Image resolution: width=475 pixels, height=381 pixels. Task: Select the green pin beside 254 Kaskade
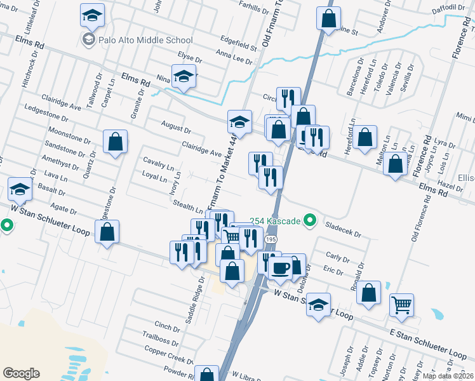click(x=310, y=221)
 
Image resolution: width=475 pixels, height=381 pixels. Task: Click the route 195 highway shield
click(x=271, y=238)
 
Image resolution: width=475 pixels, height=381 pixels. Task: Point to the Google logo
click(x=21, y=373)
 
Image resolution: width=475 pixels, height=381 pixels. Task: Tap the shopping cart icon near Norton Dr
click(x=401, y=305)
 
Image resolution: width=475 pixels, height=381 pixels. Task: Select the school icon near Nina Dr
click(x=184, y=77)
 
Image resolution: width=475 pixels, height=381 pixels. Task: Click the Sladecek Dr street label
click(x=342, y=229)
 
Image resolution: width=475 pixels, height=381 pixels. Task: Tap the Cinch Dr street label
click(x=167, y=327)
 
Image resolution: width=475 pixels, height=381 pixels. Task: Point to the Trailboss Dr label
click(x=161, y=340)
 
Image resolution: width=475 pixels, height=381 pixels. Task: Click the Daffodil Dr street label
click(x=452, y=7)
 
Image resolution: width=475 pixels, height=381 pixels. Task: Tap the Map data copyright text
click(x=448, y=376)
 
